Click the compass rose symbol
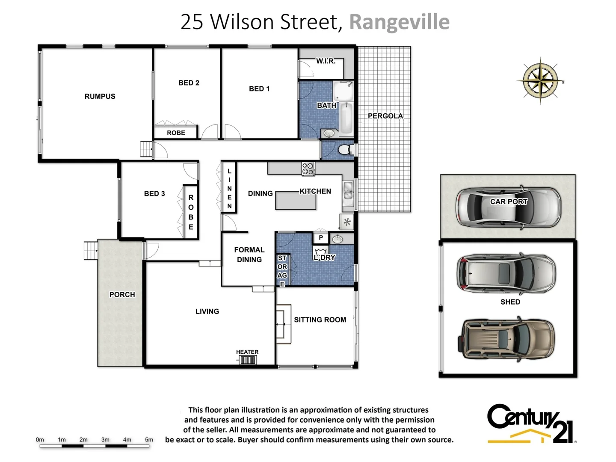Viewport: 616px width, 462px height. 540,80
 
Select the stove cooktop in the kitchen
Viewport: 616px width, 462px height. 308,169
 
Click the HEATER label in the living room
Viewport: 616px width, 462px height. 247,352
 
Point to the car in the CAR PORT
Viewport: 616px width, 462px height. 508,207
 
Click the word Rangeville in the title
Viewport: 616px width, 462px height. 399,22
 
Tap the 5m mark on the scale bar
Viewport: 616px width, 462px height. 149,440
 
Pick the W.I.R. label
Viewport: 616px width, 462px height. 326,61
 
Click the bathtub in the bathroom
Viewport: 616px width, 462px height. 346,118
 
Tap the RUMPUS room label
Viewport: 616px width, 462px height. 100,97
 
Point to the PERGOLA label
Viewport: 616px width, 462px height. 385,116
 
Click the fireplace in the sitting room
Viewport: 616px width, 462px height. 283,324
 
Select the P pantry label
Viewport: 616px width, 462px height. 321,238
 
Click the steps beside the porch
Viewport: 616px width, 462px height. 91,251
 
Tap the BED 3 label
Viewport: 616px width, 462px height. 154,194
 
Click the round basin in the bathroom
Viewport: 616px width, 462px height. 329,133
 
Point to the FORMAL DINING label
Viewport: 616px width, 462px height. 249,255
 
